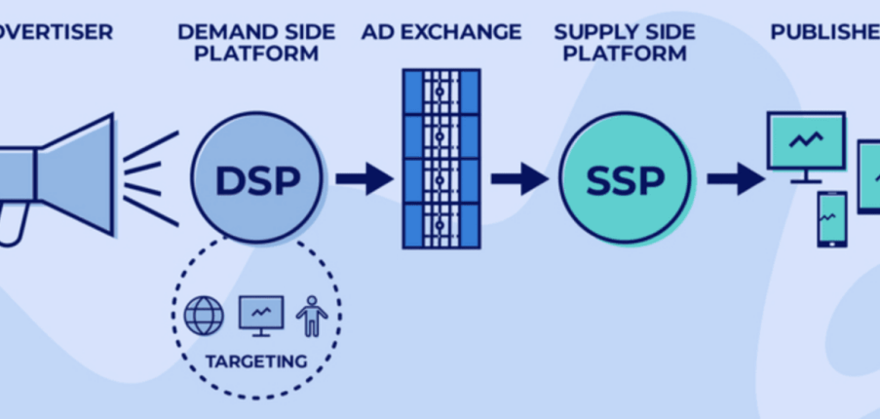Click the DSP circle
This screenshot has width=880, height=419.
click(x=257, y=178)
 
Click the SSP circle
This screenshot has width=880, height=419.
click(x=625, y=178)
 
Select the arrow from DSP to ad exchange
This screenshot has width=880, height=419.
click(x=363, y=179)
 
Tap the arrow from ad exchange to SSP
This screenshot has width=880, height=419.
click(x=518, y=179)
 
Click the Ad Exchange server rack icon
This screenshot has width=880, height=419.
click(x=441, y=158)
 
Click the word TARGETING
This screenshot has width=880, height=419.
click(x=256, y=362)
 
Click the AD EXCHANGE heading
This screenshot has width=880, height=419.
click(x=441, y=32)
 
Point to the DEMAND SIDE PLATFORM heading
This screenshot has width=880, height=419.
click(x=256, y=42)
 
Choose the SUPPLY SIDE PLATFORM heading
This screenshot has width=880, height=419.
click(x=625, y=42)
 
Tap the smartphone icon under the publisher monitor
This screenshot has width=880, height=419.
click(x=831, y=218)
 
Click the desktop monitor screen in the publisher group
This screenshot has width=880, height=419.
click(x=805, y=140)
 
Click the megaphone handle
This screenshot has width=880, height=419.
click(x=12, y=224)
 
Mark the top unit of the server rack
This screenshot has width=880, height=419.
click(x=441, y=92)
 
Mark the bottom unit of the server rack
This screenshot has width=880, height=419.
click(x=441, y=225)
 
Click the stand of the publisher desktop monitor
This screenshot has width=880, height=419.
click(x=805, y=177)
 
